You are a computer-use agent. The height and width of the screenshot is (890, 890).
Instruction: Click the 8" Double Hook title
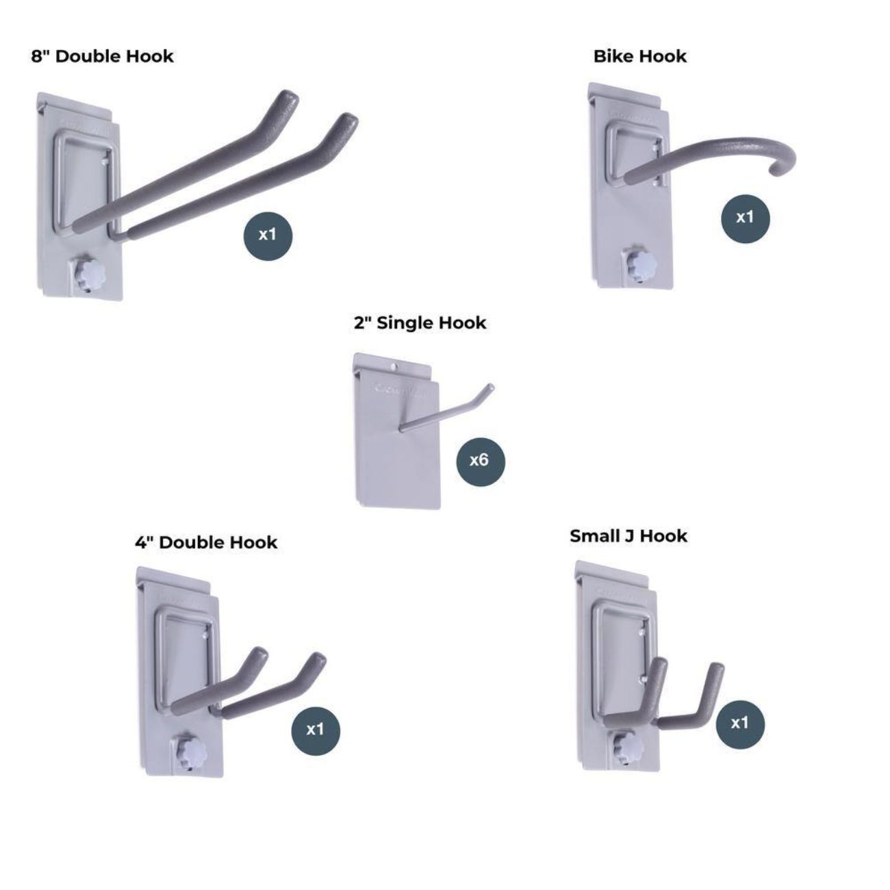pos(102,56)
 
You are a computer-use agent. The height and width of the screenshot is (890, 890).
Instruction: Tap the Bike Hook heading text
pos(639,56)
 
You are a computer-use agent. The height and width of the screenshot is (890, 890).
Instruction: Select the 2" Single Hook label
pos(420,322)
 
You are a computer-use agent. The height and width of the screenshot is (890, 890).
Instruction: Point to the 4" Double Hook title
pos(205,542)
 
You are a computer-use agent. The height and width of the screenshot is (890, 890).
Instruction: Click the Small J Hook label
pos(628,535)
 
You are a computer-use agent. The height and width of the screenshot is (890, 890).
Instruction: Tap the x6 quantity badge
pos(480,460)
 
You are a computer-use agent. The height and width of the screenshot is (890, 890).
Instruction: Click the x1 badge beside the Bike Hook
pos(745,218)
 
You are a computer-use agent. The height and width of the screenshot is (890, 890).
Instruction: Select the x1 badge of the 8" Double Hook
pos(268,235)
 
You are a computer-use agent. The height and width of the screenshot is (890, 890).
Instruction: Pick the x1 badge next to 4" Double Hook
pos(315,730)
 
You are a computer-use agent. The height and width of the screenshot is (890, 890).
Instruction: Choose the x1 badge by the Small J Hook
pos(739,724)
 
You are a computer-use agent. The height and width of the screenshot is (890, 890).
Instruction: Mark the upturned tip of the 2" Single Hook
pos(489,389)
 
